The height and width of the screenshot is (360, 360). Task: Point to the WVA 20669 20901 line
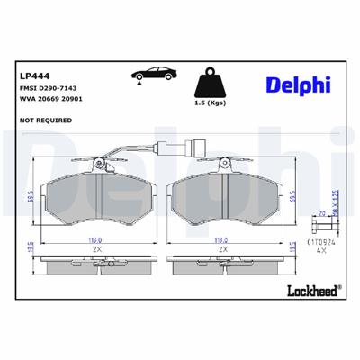50,103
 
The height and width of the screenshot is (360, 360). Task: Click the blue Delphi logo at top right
298,85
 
